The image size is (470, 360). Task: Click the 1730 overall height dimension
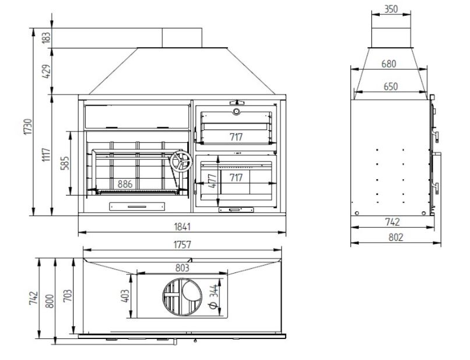coord(28,127)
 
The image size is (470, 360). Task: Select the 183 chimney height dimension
coord(46,38)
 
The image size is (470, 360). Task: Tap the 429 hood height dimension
coord(46,71)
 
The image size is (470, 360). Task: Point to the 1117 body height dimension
coord(46,155)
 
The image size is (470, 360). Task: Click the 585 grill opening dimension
coord(65,163)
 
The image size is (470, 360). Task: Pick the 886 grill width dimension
coord(125,184)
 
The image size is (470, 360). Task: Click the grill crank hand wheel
coord(181,162)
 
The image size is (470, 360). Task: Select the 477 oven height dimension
coord(212,181)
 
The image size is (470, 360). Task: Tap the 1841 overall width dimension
coord(183,227)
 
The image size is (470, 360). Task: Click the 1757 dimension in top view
coord(183,245)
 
